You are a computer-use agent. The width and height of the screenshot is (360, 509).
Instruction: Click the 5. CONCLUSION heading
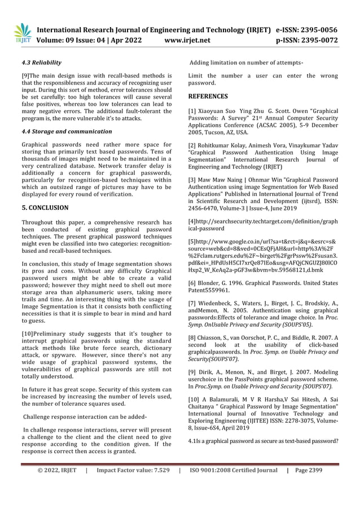coord(45,208)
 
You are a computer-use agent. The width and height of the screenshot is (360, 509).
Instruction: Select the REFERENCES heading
coord(208,96)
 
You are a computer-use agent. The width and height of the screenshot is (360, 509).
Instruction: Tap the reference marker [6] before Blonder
coord(192,283)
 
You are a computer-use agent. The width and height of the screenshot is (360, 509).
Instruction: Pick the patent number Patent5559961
coord(209,291)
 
